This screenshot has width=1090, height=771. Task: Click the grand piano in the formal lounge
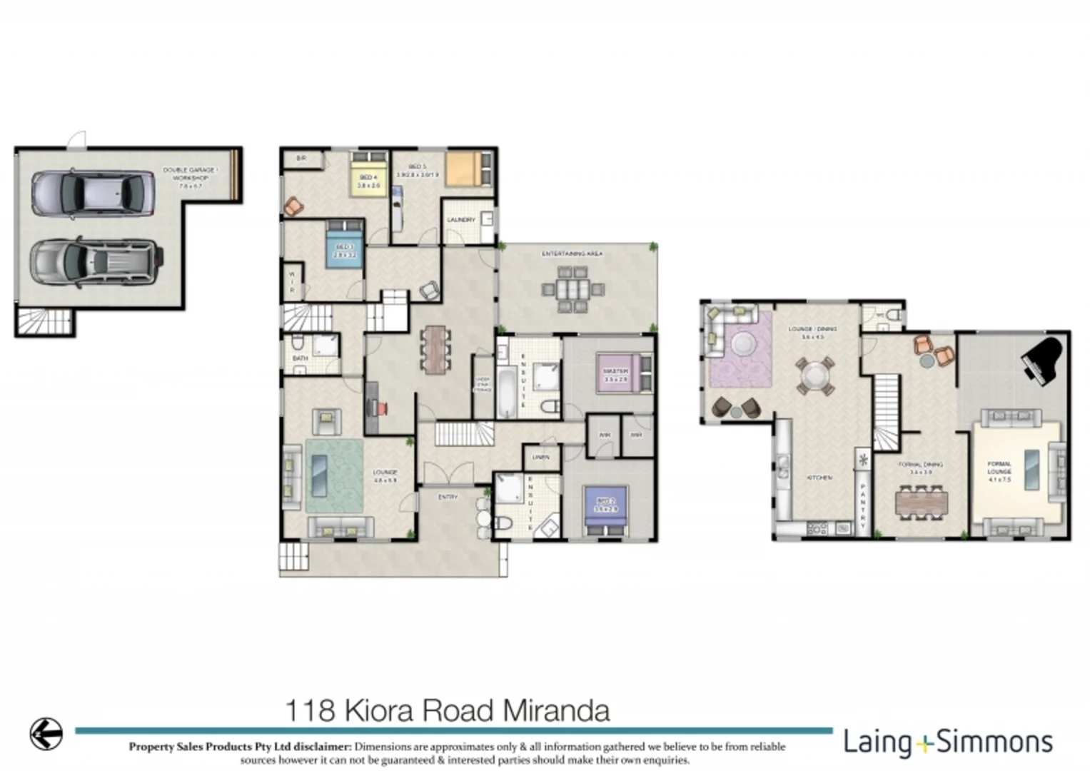coord(1043,361)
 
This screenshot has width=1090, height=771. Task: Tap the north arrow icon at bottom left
coord(46,732)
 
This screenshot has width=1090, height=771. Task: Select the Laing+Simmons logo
coord(948,742)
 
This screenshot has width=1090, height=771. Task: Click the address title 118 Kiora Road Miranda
coord(448,711)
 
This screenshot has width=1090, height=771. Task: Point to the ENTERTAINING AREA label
coord(572,254)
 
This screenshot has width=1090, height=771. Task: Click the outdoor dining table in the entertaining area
coord(572,289)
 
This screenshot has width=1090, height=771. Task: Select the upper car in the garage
coord(94,193)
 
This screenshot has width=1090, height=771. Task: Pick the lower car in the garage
coord(96,262)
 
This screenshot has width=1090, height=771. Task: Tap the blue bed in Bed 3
coord(345,245)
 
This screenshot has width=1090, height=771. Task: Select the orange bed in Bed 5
coord(468,169)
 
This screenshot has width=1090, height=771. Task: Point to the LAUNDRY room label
coord(461,220)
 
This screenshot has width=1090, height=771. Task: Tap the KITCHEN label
coord(819,478)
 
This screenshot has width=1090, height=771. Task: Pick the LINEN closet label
coord(541,457)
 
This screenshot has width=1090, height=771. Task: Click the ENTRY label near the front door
coord(448,497)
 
